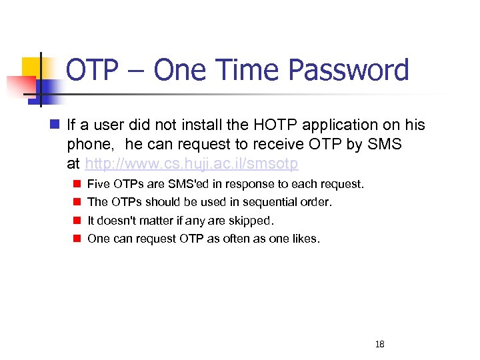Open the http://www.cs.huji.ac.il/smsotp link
coord(191,163)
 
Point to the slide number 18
coord(380,344)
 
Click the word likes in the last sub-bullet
coord(305,238)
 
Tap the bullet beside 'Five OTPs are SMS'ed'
coord(77,183)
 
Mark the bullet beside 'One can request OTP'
coord(77,238)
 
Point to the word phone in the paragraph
coord(87,144)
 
